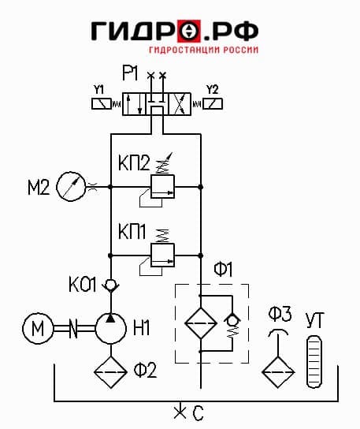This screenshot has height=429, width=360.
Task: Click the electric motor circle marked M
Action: [x=38, y=328]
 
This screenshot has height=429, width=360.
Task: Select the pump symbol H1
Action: [x=111, y=328]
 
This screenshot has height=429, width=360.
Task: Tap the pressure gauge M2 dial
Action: [x=71, y=187]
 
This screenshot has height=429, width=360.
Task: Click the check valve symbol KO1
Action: [x=111, y=285]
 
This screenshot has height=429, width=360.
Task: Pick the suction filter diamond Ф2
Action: [x=110, y=372]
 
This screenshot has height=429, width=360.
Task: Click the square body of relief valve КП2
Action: [x=162, y=187]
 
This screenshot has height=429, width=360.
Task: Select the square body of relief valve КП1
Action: [x=162, y=255]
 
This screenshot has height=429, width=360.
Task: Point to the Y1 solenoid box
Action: [x=102, y=104]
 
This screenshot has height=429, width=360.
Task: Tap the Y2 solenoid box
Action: [x=213, y=104]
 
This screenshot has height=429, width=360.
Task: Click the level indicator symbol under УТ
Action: [x=314, y=362]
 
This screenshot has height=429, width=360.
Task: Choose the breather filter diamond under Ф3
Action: [x=278, y=372]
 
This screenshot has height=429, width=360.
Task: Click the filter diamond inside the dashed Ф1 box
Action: [x=201, y=323]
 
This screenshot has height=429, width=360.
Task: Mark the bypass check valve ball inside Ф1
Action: [x=232, y=319]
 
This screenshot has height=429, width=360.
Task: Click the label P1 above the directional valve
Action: [x=130, y=73]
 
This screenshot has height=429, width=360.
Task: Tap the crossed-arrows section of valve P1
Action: [x=180, y=104]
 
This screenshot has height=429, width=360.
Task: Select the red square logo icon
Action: [x=189, y=31]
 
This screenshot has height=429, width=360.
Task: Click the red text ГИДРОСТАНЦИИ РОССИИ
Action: [x=204, y=50]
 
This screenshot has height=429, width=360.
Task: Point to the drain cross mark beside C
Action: [x=180, y=411]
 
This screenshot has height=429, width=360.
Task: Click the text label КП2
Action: [x=134, y=162]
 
